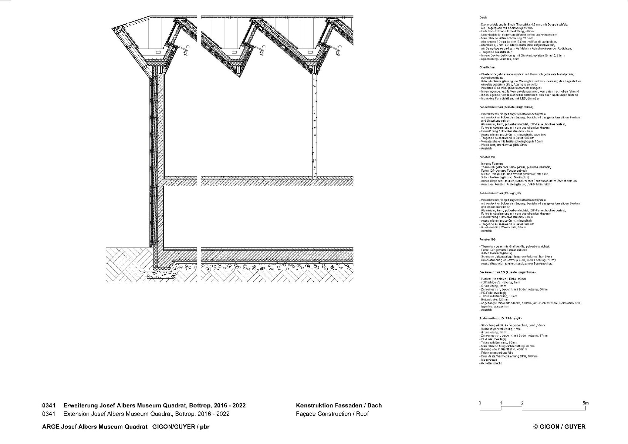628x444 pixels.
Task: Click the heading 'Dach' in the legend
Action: (x=483, y=18)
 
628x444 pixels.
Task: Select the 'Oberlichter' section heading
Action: (x=487, y=67)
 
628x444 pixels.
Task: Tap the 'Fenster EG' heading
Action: (x=487, y=157)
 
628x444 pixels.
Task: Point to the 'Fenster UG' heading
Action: (x=487, y=239)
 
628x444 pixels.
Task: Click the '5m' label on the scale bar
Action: (x=585, y=403)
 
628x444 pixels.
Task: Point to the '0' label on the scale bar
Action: (x=480, y=403)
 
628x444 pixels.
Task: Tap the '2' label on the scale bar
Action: (x=522, y=403)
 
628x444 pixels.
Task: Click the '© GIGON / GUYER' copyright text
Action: (x=559, y=427)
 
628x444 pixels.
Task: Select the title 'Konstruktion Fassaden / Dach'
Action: (x=338, y=406)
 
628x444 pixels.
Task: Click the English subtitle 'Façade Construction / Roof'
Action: (x=332, y=414)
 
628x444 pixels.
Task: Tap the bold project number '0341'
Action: (x=49, y=406)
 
